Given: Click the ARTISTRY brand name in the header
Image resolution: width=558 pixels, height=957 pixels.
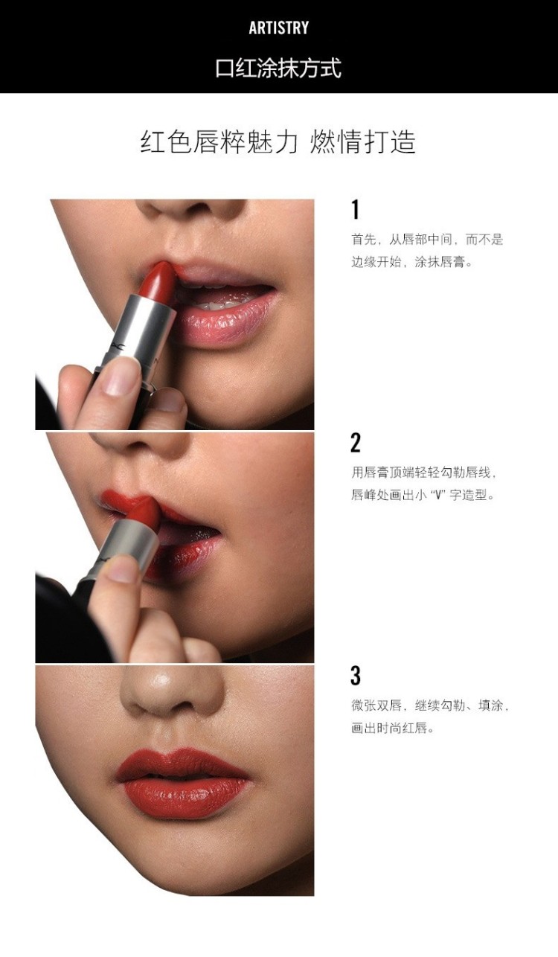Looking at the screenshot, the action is [278, 28].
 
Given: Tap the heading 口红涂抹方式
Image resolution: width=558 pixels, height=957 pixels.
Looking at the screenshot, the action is [278, 68].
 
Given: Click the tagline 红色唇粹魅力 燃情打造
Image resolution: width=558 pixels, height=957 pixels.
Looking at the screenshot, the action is [278, 142].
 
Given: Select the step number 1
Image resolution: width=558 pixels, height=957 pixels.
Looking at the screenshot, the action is [355, 210].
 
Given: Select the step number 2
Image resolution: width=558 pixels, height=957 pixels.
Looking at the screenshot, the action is [356, 443].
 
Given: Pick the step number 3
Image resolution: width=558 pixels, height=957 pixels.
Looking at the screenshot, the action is [356, 676].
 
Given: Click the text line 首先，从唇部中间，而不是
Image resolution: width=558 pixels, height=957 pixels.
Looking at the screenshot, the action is [427, 240].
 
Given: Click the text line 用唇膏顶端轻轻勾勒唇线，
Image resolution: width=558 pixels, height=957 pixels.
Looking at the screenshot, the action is [424, 473].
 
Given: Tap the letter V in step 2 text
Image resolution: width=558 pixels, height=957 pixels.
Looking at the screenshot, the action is [437, 496].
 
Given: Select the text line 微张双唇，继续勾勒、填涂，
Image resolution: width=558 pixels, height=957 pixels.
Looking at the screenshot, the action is [430, 705].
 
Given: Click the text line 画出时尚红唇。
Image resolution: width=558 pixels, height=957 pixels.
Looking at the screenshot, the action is [393, 728].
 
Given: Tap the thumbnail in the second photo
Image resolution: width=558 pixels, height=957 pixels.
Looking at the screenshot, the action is [123, 569].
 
